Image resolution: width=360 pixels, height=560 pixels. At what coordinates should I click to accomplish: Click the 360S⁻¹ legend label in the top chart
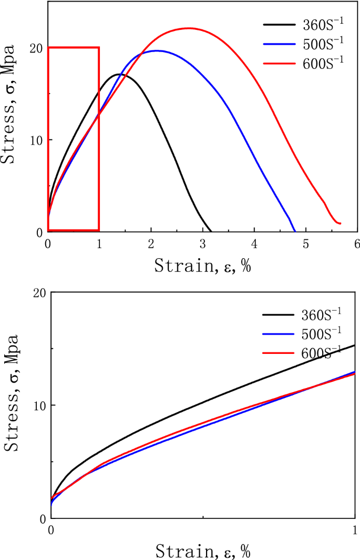(x=323, y=25)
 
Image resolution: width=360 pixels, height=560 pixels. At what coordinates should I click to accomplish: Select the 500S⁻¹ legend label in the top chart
(x=323, y=44)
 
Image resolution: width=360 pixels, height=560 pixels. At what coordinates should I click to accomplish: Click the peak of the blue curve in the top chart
(x=156, y=51)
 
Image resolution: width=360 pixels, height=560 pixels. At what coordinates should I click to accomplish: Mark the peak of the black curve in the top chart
(x=120, y=75)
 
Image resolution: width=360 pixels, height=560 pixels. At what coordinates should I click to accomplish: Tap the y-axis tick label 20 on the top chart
(x=36, y=48)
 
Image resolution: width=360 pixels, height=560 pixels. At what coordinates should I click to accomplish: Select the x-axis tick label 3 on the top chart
(x=203, y=243)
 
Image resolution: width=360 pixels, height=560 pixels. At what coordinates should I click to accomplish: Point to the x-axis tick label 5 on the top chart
(x=306, y=243)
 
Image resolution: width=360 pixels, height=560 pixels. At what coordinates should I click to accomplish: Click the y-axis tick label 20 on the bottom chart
(x=38, y=292)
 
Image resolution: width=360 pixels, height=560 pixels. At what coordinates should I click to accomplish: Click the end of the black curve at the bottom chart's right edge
(x=355, y=345)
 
